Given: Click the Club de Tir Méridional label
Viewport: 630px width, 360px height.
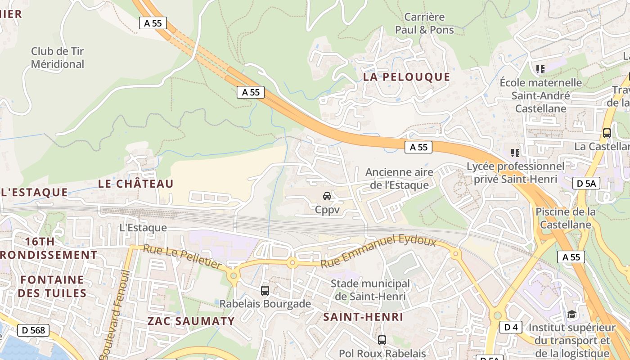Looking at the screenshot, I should point(58,58).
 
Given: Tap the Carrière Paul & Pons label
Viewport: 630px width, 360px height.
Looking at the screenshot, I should point(424,23).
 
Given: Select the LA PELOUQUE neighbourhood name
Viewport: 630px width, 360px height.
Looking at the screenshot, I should point(406,77).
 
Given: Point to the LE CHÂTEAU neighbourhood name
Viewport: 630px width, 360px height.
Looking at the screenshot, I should point(135,184).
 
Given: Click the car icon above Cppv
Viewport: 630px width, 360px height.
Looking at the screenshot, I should point(327,196).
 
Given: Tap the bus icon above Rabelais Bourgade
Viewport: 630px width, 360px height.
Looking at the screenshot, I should point(265,291).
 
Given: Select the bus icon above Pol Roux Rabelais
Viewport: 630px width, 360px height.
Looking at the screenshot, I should point(382,340).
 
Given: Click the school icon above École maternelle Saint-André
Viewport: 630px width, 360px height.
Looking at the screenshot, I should point(540,69).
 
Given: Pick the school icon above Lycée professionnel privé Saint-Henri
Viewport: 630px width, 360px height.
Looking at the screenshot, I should point(515,153).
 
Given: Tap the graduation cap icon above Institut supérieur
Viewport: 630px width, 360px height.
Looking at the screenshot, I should point(571,314).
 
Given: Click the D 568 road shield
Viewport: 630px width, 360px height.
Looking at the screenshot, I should point(33,330).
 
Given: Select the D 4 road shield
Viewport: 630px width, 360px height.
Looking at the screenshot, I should point(510,327).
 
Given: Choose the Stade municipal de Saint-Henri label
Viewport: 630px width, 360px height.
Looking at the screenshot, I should point(370,290).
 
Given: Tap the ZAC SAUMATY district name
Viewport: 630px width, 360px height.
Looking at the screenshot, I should point(191,321).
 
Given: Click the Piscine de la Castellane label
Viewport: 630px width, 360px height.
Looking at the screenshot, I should point(565,218).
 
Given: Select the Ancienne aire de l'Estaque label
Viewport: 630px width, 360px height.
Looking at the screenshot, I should point(399,178).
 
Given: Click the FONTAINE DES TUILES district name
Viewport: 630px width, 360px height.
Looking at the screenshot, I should point(53,286).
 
